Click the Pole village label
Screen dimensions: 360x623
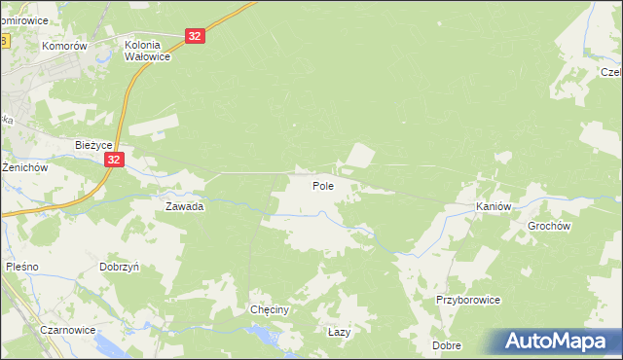(x=324, y=185)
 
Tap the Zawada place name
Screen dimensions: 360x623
(x=184, y=206)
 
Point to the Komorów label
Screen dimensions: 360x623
(x=65, y=46)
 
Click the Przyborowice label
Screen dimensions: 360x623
(x=468, y=300)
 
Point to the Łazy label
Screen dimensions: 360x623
(x=339, y=332)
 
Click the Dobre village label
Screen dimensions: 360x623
(x=447, y=345)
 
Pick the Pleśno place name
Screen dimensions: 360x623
(x=21, y=266)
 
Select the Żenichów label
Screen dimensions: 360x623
(x=24, y=167)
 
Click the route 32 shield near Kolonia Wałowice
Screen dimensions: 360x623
(x=196, y=36)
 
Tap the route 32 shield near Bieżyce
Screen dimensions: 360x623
(x=115, y=161)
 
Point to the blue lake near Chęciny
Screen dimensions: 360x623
(x=263, y=335)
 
